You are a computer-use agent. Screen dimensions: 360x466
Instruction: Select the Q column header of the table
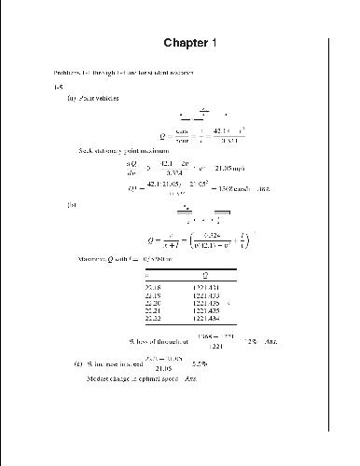206,275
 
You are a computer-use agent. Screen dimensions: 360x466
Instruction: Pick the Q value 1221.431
207,288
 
